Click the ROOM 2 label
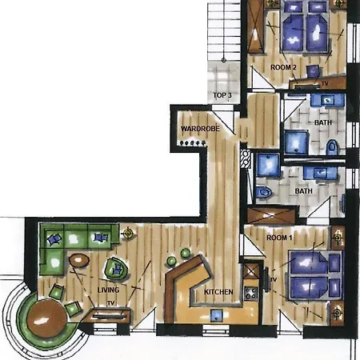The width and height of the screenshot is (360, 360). [283, 67]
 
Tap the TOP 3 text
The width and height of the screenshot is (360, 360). [222, 95]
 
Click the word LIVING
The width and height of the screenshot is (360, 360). [108, 290]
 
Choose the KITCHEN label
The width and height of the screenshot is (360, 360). [218, 292]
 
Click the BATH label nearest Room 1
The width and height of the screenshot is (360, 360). [303, 191]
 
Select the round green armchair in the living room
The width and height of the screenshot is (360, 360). [114, 267]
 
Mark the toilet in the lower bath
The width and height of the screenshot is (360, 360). [265, 193]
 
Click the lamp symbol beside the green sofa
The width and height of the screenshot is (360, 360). [127, 233]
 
